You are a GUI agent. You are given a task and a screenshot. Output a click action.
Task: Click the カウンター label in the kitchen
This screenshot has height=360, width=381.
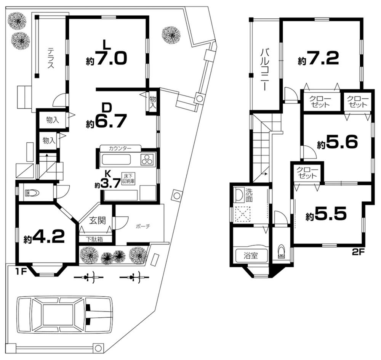120,148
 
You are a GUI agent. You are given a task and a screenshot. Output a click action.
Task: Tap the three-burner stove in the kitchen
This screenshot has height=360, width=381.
147,160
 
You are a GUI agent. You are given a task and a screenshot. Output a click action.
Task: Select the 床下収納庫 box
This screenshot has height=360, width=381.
128,178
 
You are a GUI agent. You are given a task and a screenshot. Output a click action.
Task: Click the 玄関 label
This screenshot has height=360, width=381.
97,220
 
